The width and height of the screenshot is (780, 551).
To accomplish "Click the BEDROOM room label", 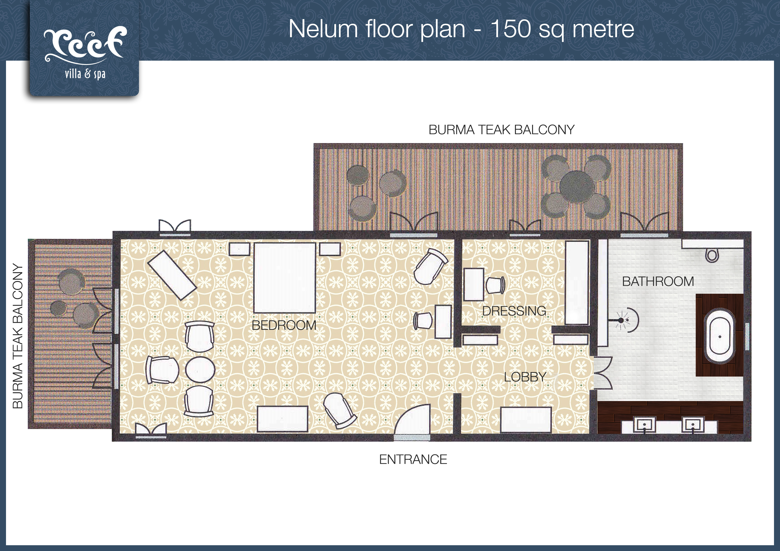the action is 284,325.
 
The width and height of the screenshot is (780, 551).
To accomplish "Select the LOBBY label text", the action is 525,377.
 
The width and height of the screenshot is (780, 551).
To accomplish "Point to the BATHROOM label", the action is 658,281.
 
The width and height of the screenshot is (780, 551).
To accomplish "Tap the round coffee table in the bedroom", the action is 200,370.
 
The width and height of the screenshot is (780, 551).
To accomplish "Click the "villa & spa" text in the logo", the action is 85,74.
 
